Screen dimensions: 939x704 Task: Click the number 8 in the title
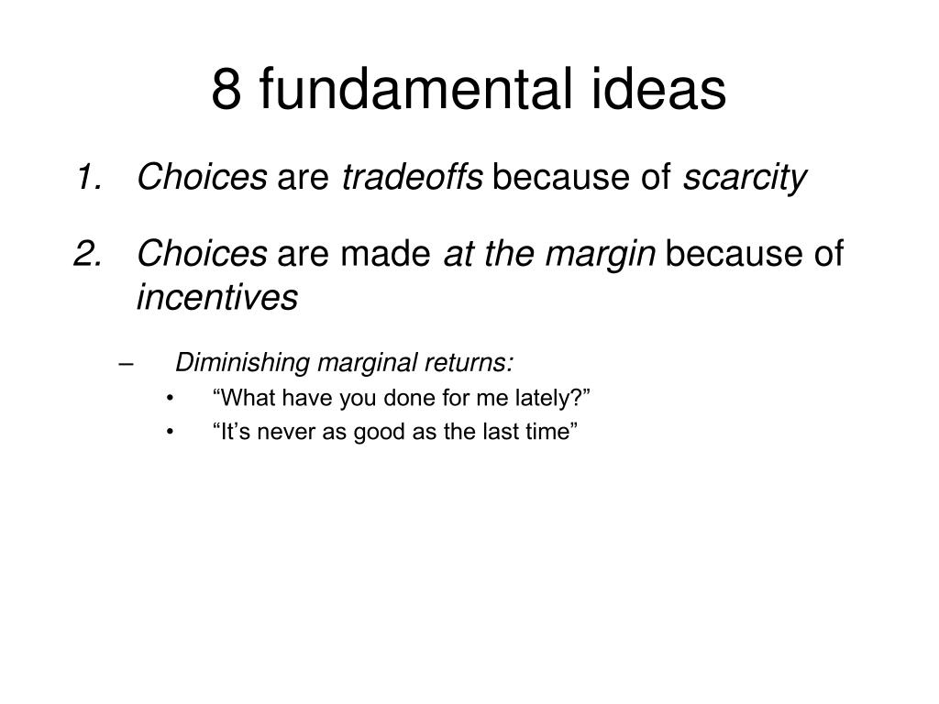[x=226, y=89]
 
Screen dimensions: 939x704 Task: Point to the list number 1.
[x=89, y=177]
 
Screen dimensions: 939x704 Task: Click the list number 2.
[x=88, y=253]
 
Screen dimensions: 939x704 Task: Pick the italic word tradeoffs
[x=412, y=177]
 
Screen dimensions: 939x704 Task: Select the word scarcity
[x=745, y=178]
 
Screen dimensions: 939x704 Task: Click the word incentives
[x=217, y=297]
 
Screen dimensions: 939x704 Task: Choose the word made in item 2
[x=385, y=253]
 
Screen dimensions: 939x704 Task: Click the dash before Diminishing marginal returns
[x=126, y=364]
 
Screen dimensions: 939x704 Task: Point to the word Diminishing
[x=242, y=363]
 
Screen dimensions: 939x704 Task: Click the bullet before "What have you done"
[x=170, y=399]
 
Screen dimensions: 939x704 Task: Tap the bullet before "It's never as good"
[x=170, y=433]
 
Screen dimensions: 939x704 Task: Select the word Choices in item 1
[x=202, y=177]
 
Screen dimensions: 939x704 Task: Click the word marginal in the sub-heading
[x=367, y=363]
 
